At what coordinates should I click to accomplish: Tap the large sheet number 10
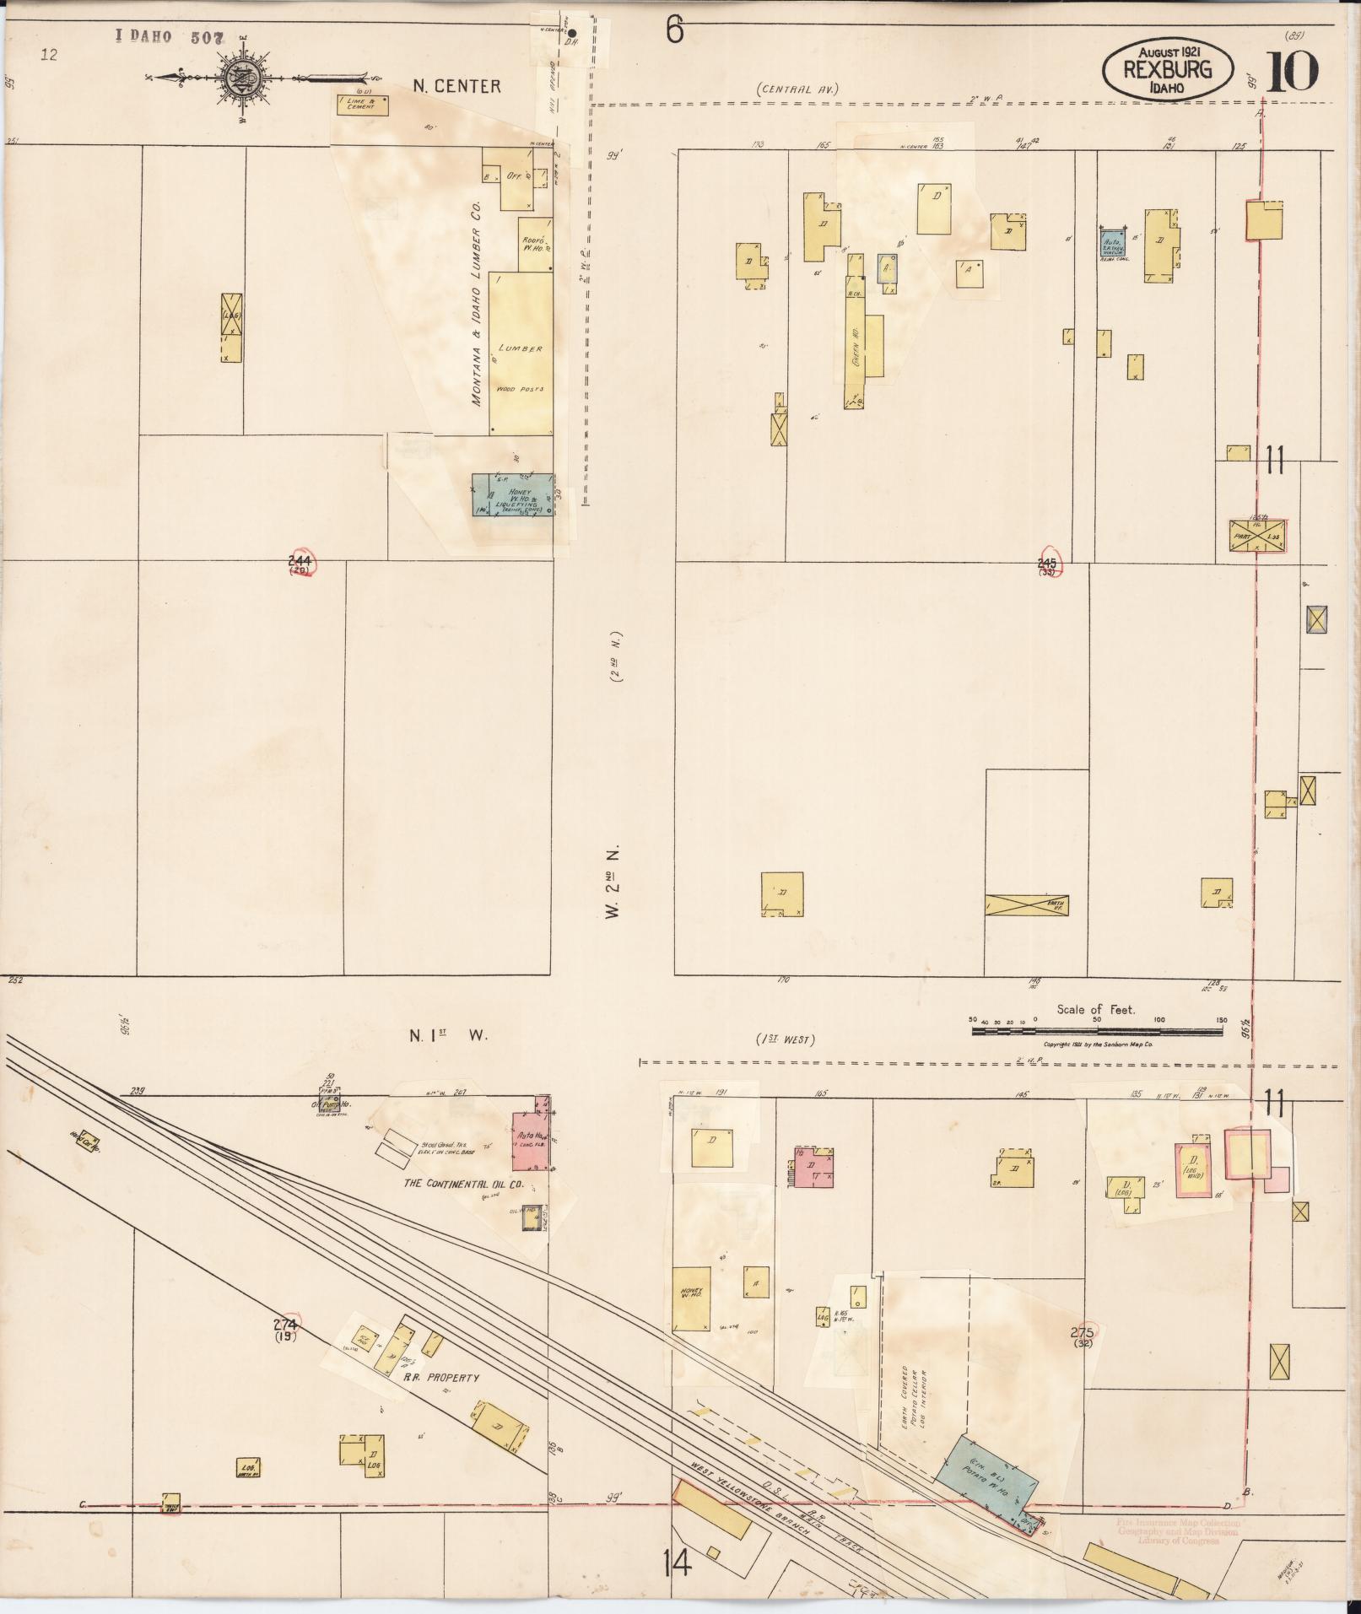pyautogui.click(x=1291, y=73)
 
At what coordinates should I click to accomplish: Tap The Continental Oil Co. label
pyautogui.click(x=463, y=1184)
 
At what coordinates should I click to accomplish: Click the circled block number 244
pyautogui.click(x=300, y=564)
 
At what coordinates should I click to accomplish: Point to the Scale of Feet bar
pyautogui.click(x=1096, y=1030)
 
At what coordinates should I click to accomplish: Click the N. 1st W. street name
pyautogui.click(x=448, y=1036)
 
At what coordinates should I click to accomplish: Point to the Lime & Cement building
pyautogui.click(x=364, y=105)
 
